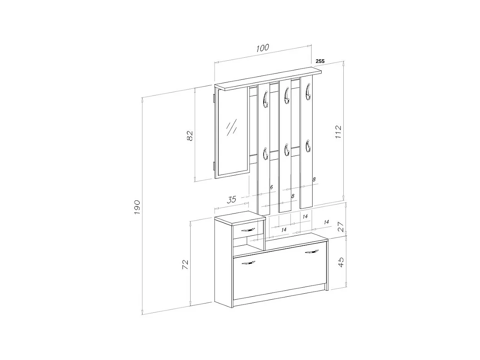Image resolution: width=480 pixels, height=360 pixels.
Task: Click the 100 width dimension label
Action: (x=263, y=48)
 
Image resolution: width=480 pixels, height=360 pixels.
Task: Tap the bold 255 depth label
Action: (x=320, y=61)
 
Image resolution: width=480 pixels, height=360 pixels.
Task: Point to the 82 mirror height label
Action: (x=190, y=135)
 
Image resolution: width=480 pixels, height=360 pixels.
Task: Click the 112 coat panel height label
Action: (x=338, y=132)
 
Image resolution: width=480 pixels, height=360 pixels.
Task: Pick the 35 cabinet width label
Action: (x=232, y=199)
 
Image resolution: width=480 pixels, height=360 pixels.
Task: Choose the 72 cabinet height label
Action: (x=185, y=264)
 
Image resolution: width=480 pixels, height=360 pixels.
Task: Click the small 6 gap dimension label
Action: (x=271, y=187)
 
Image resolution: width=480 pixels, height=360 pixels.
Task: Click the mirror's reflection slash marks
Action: (x=231, y=127)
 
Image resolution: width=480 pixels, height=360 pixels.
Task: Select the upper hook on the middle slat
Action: (x=286, y=95)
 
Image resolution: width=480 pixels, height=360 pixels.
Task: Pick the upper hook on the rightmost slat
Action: (x=308, y=92)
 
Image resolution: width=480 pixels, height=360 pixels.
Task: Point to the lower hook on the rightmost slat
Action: (x=308, y=146)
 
